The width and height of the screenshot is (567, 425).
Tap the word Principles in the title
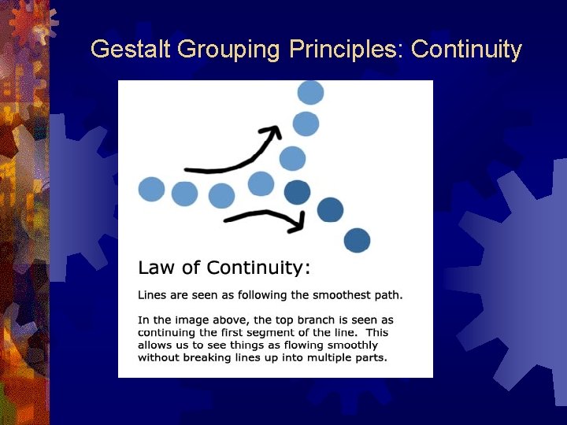point(346,50)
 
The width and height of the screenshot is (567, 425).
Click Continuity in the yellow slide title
point(466,50)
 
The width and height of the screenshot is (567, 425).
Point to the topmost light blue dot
point(310,93)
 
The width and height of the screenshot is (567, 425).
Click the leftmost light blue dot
point(151,190)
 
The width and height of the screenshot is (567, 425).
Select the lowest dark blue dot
point(357,239)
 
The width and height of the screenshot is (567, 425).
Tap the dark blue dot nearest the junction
point(297,191)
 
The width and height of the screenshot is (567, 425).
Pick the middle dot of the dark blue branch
point(330,209)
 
